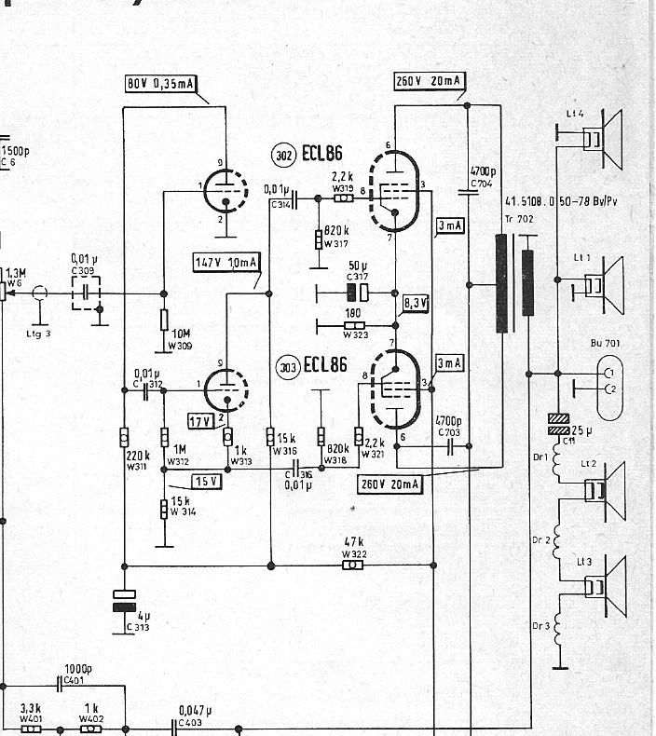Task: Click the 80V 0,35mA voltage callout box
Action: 161,84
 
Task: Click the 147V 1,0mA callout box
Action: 226,262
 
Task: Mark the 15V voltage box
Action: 206,481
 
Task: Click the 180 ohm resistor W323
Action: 352,325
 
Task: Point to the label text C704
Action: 481,184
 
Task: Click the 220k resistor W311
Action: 124,437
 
